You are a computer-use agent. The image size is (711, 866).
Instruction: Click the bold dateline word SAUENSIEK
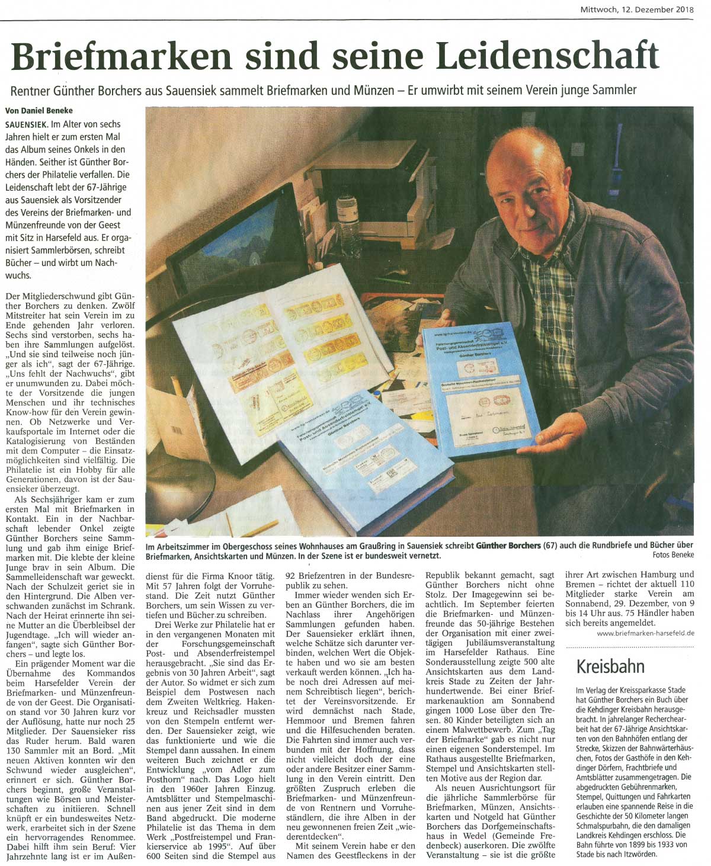click(x=25, y=124)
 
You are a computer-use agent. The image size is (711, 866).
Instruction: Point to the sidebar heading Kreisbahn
click(x=610, y=666)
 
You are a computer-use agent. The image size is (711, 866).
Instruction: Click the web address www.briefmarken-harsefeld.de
click(x=645, y=633)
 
